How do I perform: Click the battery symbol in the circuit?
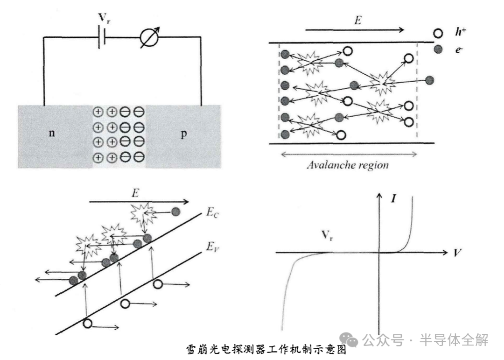coord(102,38)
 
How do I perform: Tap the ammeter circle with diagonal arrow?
coord(149,38)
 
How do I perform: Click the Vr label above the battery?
coord(104,18)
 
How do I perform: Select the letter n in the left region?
coord(52,133)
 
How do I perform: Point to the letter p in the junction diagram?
coord(183,134)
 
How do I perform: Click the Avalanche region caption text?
coord(348,165)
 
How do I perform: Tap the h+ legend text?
coord(461,32)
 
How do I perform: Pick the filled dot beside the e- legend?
coord(438,49)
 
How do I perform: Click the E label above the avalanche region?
coord(358,20)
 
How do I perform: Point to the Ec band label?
coord(212,212)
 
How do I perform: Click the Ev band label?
coord(212,247)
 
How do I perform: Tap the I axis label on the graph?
coord(393,198)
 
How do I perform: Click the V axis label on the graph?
coord(457,253)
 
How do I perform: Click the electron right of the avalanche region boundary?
coord(429,80)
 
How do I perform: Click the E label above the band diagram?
coord(135,193)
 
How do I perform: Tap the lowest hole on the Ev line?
coord(87,323)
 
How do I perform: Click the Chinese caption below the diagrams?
coord(266,350)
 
